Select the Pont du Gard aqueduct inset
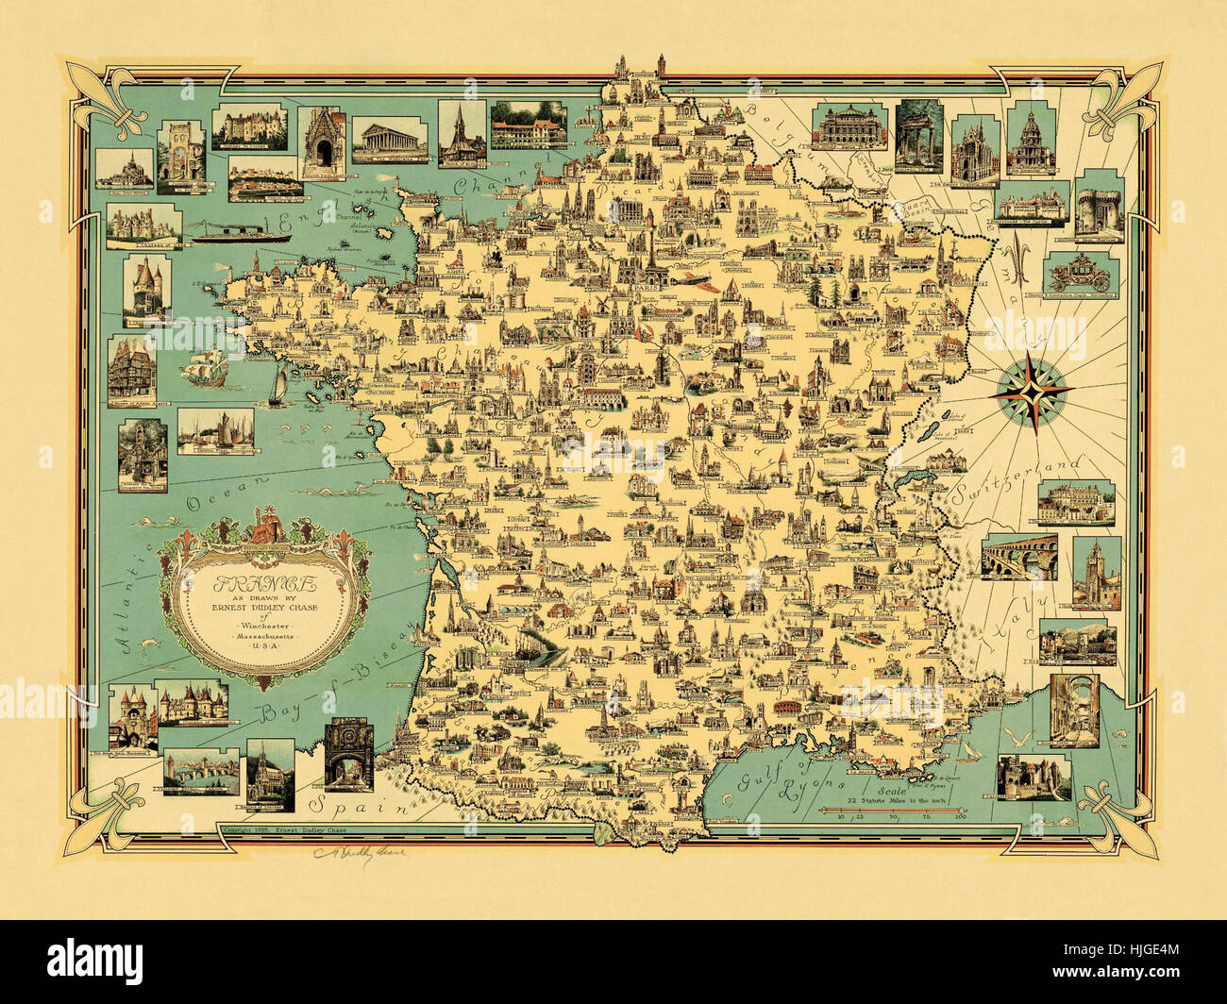(x=1017, y=558)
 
